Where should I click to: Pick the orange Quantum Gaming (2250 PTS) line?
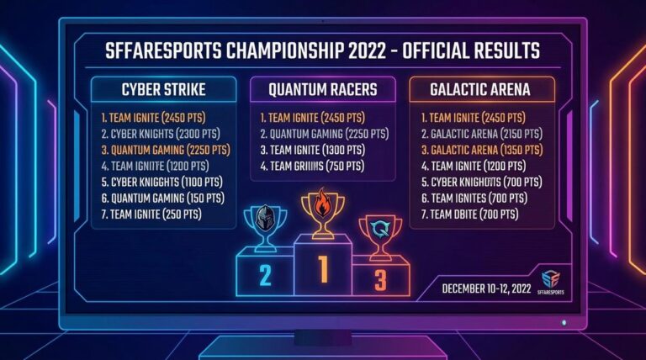point(164,150)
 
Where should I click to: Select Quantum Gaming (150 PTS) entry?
point(161,198)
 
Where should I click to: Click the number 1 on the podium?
point(322,268)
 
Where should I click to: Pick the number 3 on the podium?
point(380,278)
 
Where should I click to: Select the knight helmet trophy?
point(266,221)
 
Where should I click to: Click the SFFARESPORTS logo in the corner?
point(550,282)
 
